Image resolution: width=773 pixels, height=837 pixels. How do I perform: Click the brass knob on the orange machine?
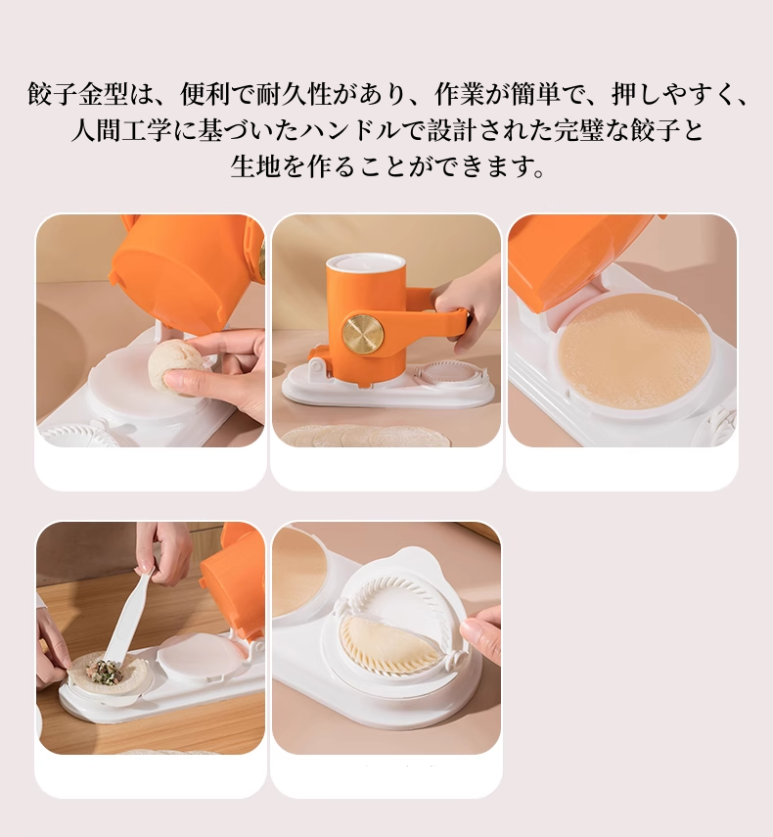(362, 335)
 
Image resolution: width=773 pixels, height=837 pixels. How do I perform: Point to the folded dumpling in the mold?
(389, 647)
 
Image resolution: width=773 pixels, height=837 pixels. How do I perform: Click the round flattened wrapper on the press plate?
(636, 350)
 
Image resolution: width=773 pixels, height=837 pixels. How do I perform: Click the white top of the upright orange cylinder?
(365, 262)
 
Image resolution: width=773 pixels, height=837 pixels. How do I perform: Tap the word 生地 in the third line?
(256, 165)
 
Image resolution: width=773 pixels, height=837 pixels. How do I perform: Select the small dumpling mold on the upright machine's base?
(450, 374)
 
